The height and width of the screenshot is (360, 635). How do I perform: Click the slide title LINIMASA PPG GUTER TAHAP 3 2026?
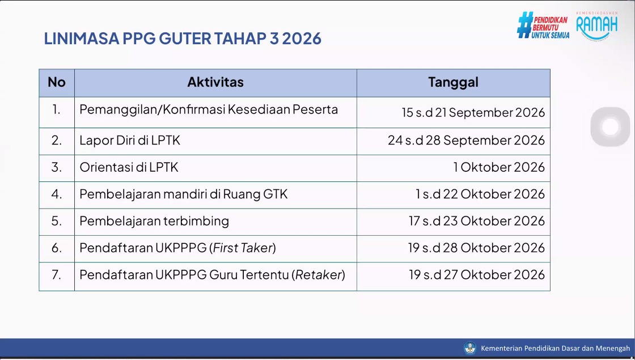[x=183, y=39]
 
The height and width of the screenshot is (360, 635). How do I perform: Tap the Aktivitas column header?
[x=215, y=82]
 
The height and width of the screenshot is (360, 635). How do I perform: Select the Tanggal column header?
[x=453, y=82]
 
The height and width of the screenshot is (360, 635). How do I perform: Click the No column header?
[x=57, y=82]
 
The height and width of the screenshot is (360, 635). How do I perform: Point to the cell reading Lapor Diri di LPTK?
[x=130, y=140]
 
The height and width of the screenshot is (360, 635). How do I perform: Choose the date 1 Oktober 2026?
[x=499, y=167]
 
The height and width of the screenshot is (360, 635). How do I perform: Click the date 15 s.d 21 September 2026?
[x=473, y=112]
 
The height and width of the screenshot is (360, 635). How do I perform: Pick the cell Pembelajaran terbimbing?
[x=154, y=221]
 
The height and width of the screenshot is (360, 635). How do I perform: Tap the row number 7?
[x=57, y=274]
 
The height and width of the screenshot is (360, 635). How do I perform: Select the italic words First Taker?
[x=243, y=247]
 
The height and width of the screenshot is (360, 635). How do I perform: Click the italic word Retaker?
[x=319, y=274]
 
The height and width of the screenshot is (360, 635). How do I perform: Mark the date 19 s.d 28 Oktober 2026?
[x=477, y=247]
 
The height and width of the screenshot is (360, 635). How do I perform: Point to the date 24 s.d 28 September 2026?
[x=467, y=140]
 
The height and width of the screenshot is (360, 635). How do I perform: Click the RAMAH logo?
[x=597, y=26]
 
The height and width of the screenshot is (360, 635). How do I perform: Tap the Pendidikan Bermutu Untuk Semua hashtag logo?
[x=543, y=25]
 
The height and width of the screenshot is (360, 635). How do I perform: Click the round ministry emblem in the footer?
[x=470, y=348]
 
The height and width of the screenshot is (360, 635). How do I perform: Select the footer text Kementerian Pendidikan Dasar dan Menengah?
[x=556, y=348]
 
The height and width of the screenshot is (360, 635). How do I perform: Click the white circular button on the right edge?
[x=610, y=127]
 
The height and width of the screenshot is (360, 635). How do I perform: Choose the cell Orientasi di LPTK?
[x=129, y=167]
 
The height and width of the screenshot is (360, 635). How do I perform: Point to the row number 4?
[x=57, y=194]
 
